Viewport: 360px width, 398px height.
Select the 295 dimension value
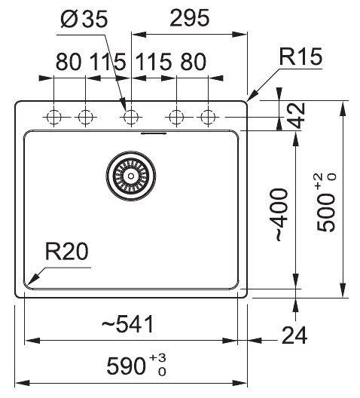[x=189, y=20]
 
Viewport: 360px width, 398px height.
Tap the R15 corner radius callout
[x=301, y=56]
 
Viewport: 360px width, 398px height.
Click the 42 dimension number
[x=297, y=115]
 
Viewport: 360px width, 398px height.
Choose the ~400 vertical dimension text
[x=279, y=214]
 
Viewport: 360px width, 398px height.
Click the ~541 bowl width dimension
[x=127, y=325]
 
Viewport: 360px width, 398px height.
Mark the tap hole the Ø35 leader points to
[x=130, y=117]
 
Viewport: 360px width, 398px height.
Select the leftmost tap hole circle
[x=54, y=117]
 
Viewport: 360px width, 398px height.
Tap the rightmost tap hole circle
[x=208, y=117]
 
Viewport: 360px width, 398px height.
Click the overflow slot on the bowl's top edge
[x=154, y=133]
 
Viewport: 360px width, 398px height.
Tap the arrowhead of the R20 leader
[x=29, y=285]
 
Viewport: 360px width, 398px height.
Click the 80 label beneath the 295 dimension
[x=193, y=62]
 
